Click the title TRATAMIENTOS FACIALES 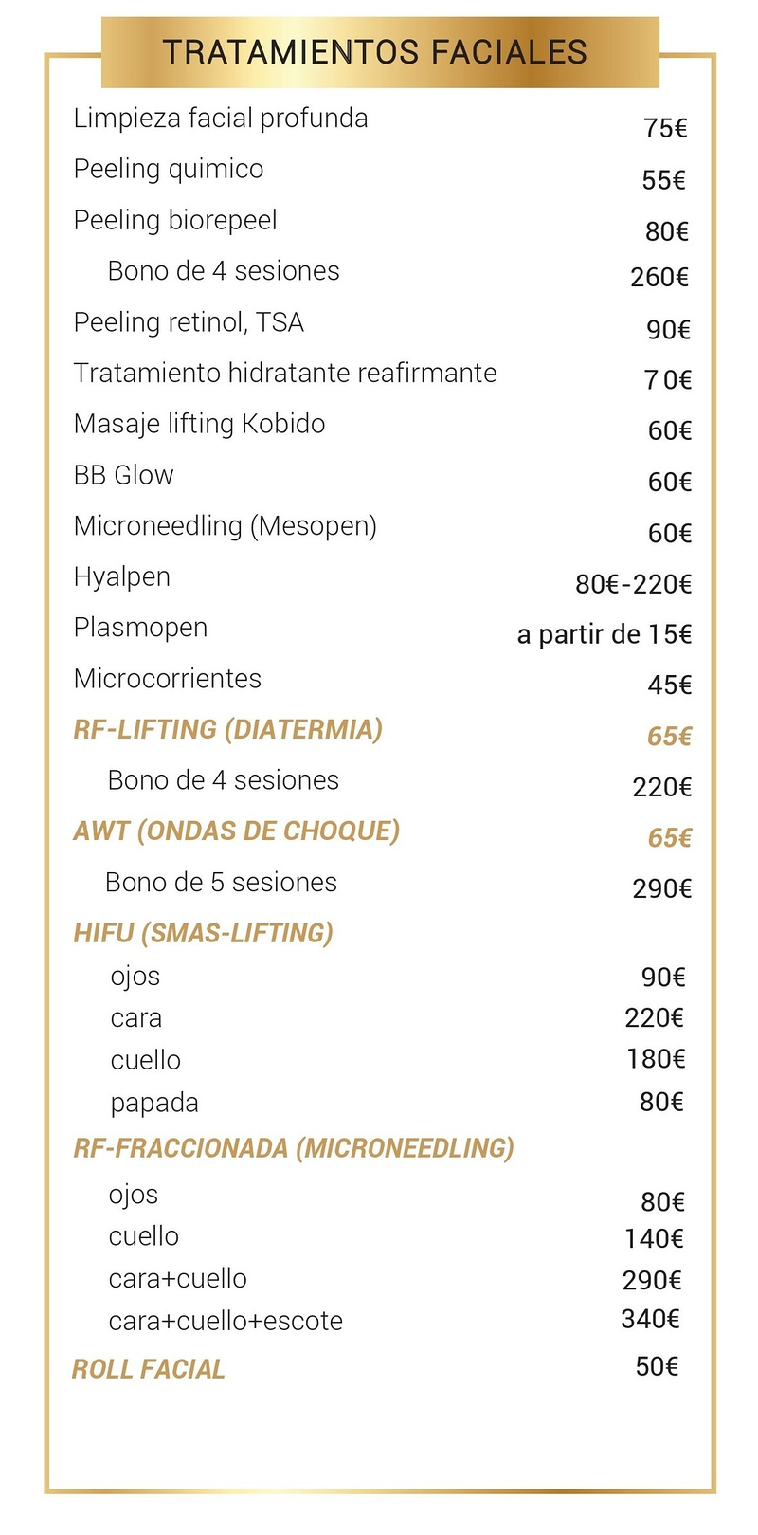click(x=375, y=52)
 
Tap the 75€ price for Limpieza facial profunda click(x=665, y=128)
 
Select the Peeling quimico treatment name click(x=169, y=170)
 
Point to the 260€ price click(x=659, y=277)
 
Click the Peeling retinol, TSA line click(x=189, y=322)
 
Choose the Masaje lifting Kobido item click(x=199, y=424)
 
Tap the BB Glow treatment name click(x=124, y=475)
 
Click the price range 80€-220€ click(x=633, y=584)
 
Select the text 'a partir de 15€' click(x=604, y=634)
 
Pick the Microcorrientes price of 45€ click(x=670, y=685)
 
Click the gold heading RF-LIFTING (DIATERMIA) click(x=227, y=729)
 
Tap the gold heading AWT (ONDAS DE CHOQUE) click(x=236, y=831)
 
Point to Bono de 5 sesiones click(x=221, y=883)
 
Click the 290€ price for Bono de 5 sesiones click(x=661, y=888)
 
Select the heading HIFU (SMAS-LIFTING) click(x=203, y=933)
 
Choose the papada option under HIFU click(x=154, y=1103)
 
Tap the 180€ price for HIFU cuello click(x=655, y=1059)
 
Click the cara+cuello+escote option click(x=226, y=1321)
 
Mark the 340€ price click(x=650, y=1319)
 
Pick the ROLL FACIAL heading click(x=149, y=1369)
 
